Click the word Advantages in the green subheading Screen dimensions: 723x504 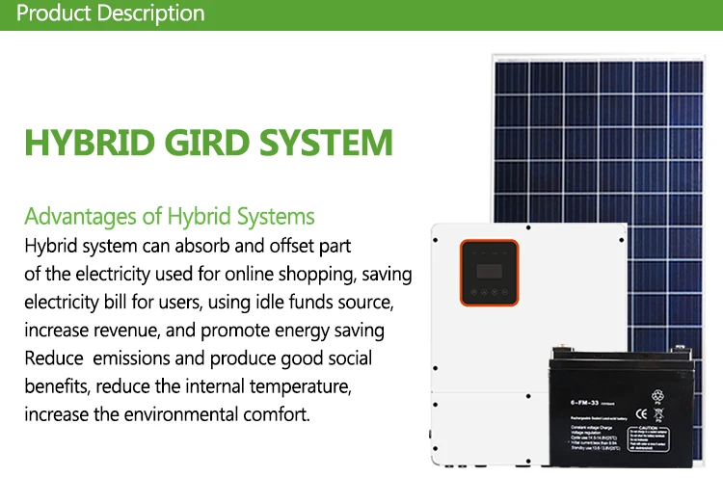click(81, 215)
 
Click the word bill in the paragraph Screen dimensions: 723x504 click(115, 302)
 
